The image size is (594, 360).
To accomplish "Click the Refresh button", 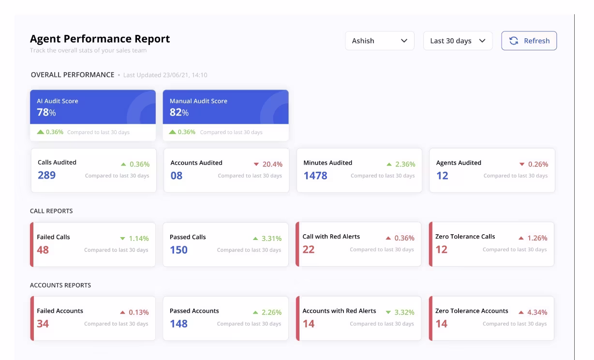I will (x=529, y=41).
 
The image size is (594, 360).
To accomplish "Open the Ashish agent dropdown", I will (x=380, y=41).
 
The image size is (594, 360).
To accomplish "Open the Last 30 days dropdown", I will (x=458, y=41).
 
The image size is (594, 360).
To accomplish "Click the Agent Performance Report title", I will (x=100, y=39).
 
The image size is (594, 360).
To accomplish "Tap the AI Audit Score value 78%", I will (x=46, y=112).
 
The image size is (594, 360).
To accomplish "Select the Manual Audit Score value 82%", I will (x=179, y=112).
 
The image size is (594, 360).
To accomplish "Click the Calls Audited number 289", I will (x=47, y=175).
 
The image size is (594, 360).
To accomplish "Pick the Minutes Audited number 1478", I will (x=315, y=175).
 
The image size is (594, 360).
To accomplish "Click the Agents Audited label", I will (x=459, y=163).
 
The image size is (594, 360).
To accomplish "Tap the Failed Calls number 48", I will (x=43, y=250).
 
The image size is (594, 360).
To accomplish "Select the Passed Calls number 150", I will (x=178, y=250).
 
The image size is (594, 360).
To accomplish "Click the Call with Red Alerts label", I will (x=331, y=237).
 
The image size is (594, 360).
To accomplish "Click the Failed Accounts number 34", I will (x=43, y=324).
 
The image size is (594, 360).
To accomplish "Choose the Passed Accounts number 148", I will (x=178, y=324).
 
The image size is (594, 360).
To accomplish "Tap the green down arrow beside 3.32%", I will (x=388, y=313).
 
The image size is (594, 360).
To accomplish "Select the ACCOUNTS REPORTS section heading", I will (x=60, y=285).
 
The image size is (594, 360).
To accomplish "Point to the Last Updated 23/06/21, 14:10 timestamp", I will (x=165, y=75).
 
